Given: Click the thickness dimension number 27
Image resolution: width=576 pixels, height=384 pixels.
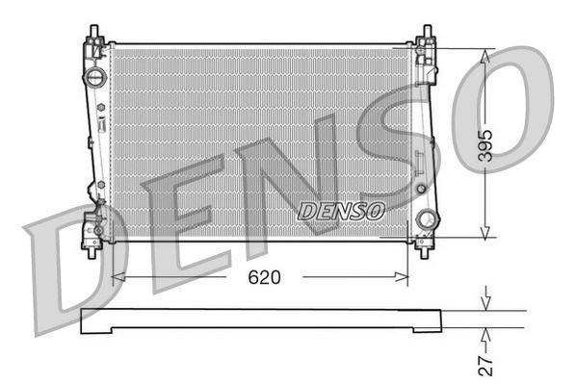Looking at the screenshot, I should [x=488, y=363].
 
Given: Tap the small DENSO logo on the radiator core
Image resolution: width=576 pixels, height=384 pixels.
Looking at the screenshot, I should [x=342, y=209].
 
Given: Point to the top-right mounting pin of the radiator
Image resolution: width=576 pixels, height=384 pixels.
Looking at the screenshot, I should [x=425, y=36].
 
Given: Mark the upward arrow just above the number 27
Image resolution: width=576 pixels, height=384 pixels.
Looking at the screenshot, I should [x=487, y=335].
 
